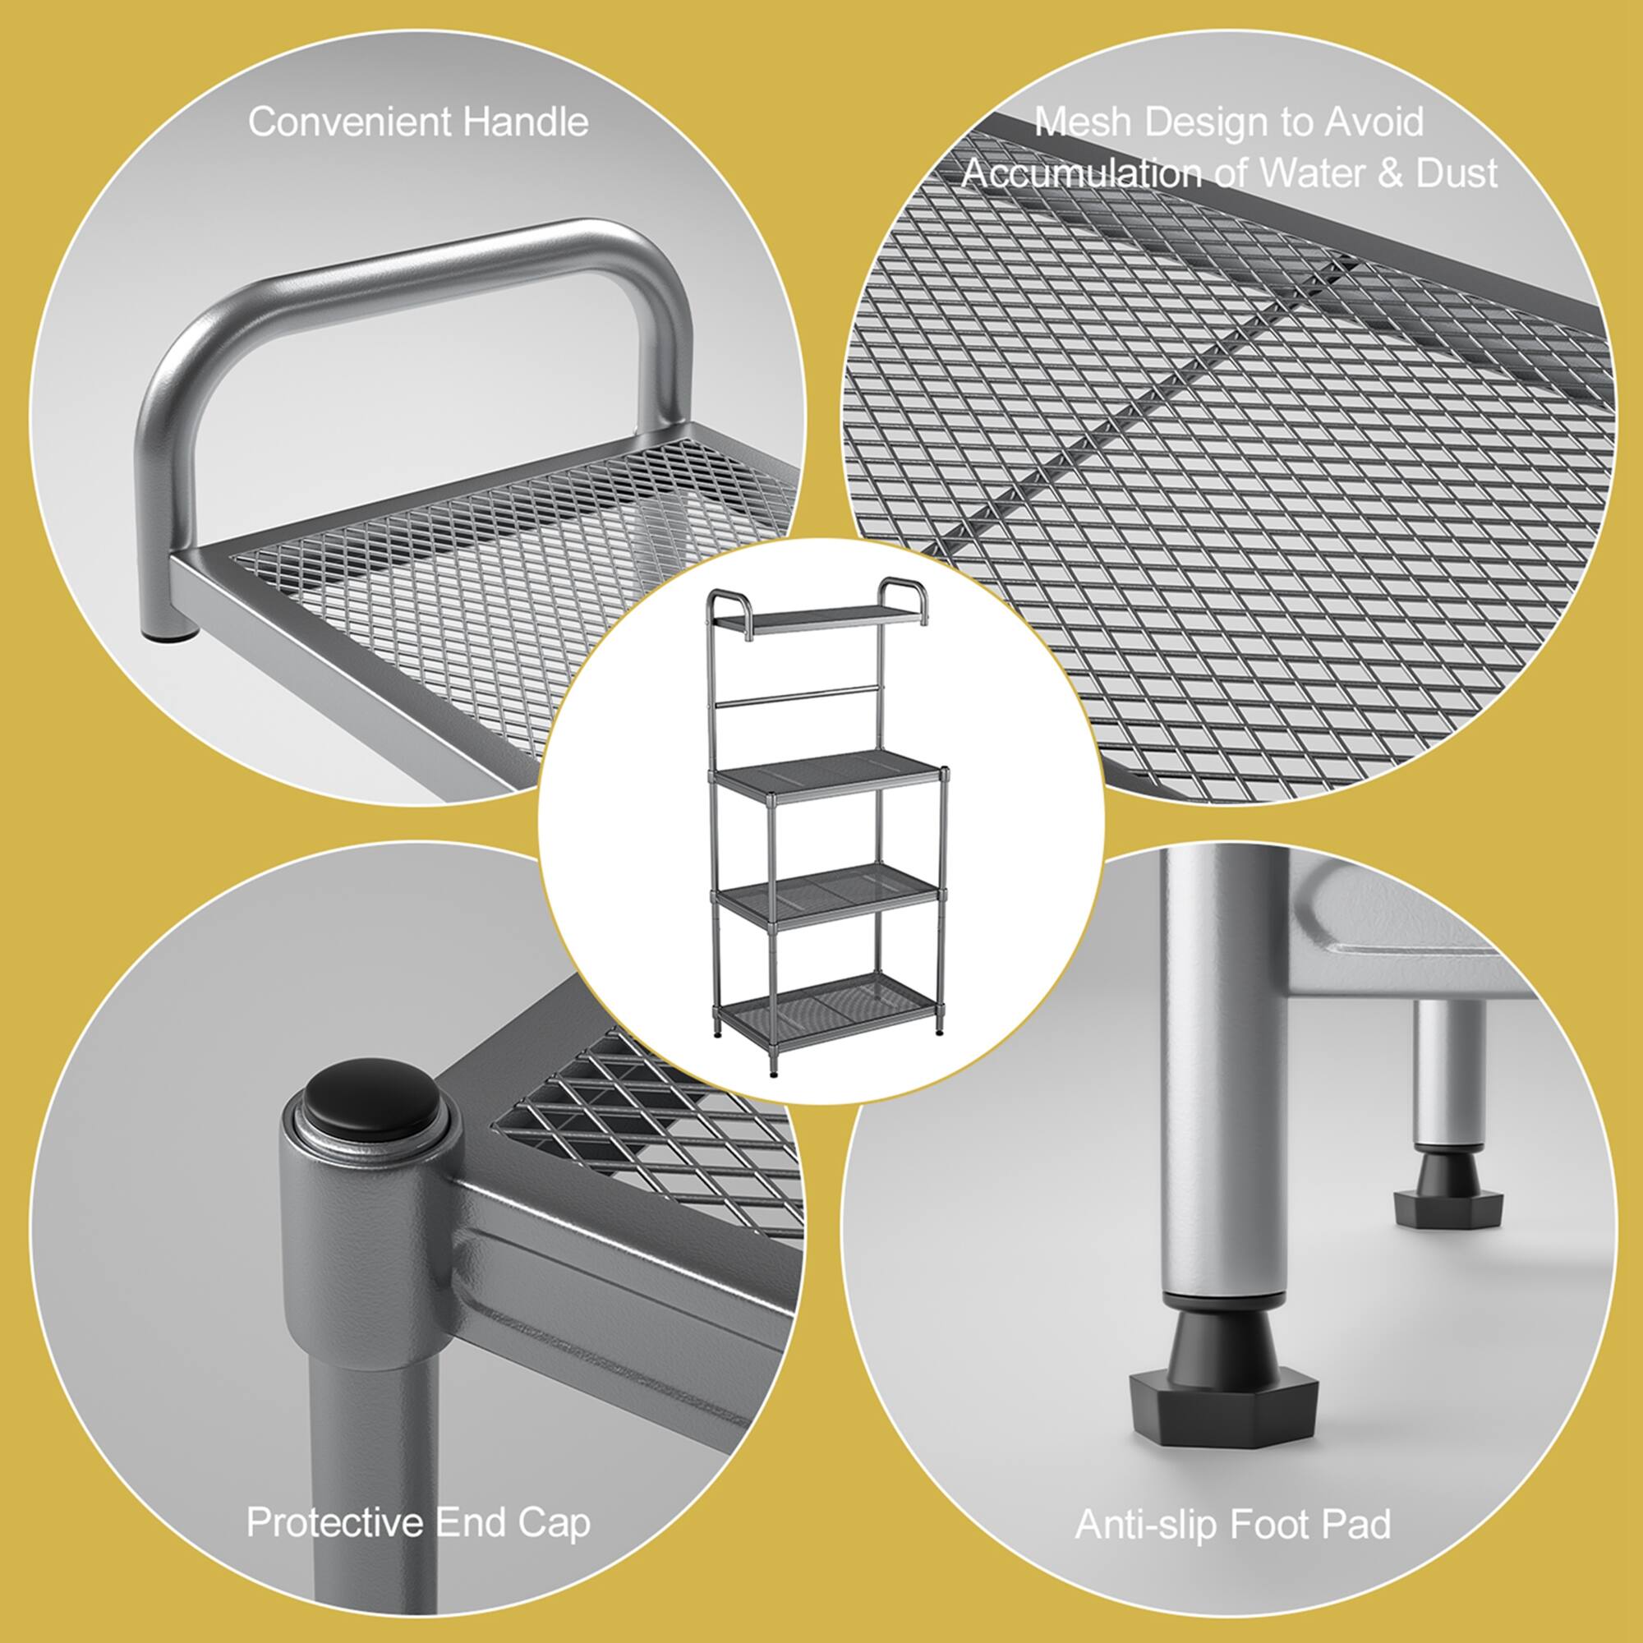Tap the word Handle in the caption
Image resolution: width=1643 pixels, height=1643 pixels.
pos(526,122)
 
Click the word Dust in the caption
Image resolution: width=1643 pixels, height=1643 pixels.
pos(1456,174)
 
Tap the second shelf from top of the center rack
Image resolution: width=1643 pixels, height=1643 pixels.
pos(829,775)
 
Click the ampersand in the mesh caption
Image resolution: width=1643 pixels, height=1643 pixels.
pos(1388,174)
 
